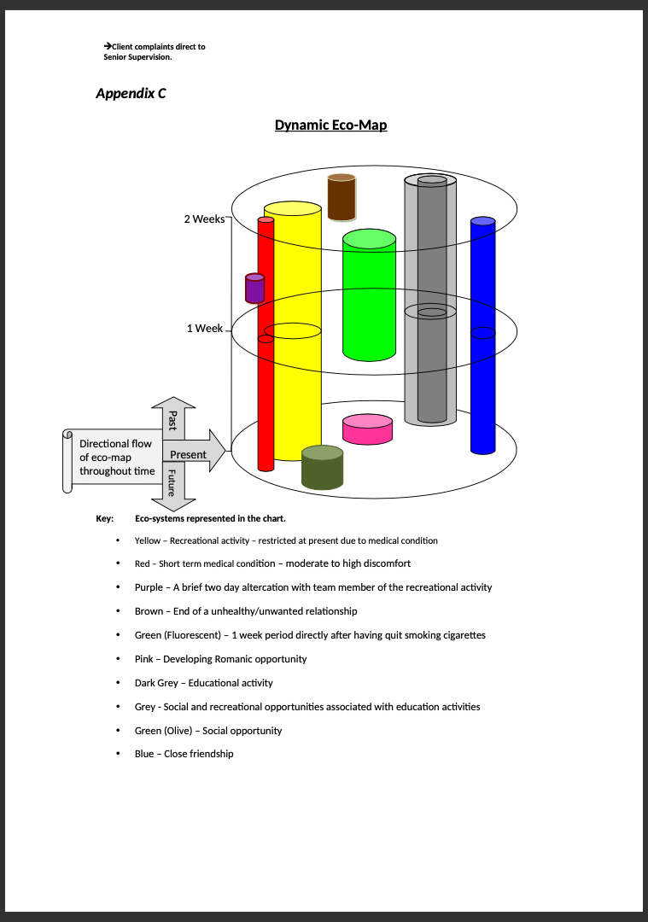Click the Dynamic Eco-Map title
tap(330, 125)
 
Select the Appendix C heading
tap(131, 94)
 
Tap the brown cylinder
tap(342, 197)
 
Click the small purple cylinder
tap(254, 289)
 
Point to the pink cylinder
tap(367, 429)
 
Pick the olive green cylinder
tap(322, 468)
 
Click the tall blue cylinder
tap(482, 336)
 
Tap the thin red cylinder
tap(266, 344)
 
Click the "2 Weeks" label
tap(204, 219)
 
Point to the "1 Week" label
tap(205, 329)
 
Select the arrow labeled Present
tap(194, 451)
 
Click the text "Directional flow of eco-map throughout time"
tap(117, 458)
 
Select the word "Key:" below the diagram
tap(105, 519)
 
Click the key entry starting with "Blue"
tap(184, 754)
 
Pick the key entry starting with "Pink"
tap(220, 659)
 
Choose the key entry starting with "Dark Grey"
tap(203, 683)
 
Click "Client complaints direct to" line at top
tap(155, 46)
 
